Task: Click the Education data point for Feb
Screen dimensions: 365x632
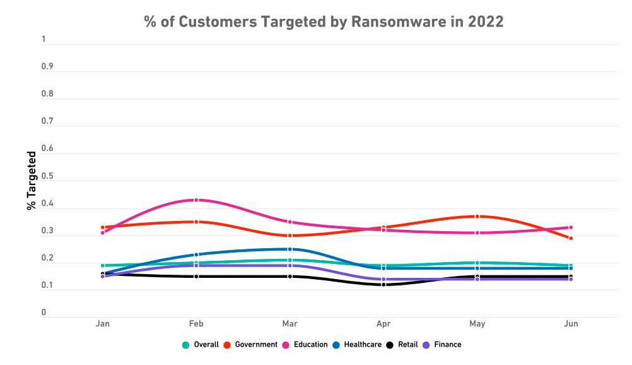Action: coord(196,200)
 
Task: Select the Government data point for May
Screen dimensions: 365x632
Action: coord(477,217)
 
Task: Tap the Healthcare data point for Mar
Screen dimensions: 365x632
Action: coord(290,249)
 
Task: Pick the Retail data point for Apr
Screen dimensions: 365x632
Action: coord(383,285)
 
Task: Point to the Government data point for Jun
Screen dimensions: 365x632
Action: coord(571,238)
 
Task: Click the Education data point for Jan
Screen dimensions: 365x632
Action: coord(102,232)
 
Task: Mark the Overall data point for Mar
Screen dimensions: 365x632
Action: coord(290,260)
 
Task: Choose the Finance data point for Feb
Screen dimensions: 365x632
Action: coord(196,266)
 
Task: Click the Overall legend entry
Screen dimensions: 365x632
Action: coord(200,345)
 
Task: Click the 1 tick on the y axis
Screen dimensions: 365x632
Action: coord(44,40)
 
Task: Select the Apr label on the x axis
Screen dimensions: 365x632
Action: coord(383,324)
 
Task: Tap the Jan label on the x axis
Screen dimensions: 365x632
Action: coord(102,324)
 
